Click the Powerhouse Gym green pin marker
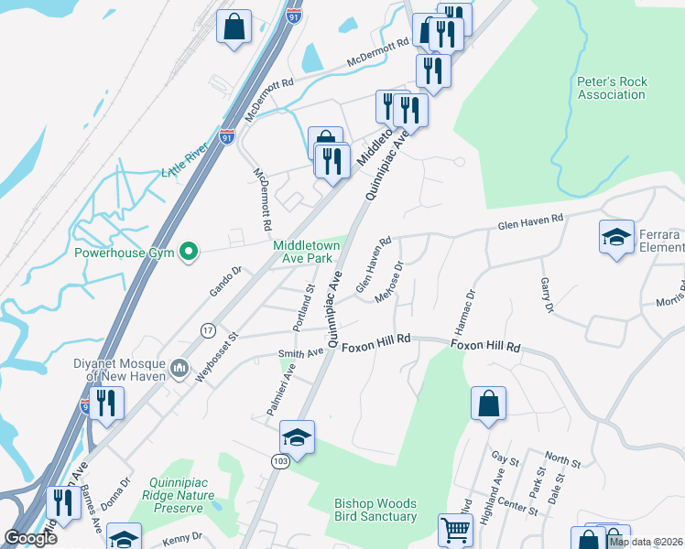tap(190, 250)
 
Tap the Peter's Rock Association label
tap(612, 88)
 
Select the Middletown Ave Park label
tap(308, 252)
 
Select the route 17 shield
tap(209, 329)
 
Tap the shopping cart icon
tap(455, 529)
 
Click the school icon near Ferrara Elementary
tap(616, 237)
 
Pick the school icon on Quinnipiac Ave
tap(297, 436)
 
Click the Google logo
tap(30, 538)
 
